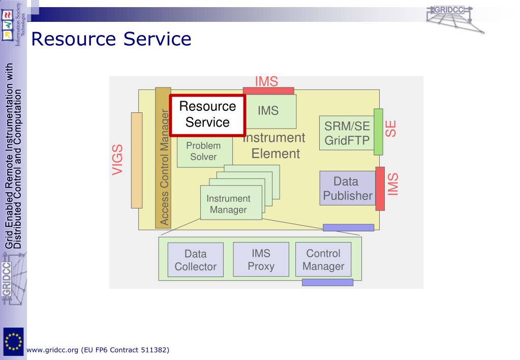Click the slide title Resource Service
tap(111, 39)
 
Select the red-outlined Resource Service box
tap(207, 115)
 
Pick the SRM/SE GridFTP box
tap(347, 133)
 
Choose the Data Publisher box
tap(348, 189)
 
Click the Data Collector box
tap(196, 260)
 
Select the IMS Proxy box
tap(261, 259)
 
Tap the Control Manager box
tap(323, 259)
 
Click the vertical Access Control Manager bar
tap(163, 158)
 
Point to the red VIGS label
tap(118, 160)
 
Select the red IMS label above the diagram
tap(266, 81)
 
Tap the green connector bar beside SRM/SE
tap(378, 132)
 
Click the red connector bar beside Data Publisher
tap(380, 188)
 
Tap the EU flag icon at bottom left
tap(13, 339)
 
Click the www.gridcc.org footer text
tap(98, 350)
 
